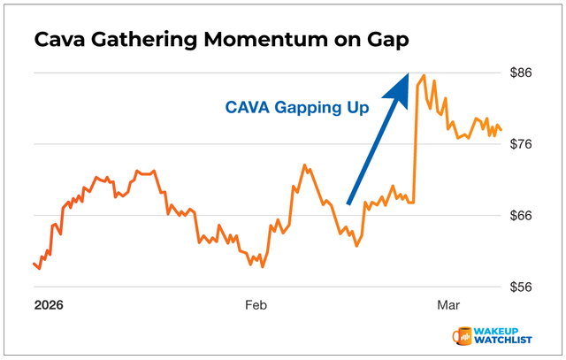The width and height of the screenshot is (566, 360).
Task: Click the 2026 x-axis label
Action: pyautogui.click(x=50, y=305)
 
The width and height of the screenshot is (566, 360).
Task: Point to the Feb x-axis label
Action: pyautogui.click(x=256, y=305)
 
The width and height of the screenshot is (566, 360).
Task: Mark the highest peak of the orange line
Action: pyautogui.click(x=424, y=75)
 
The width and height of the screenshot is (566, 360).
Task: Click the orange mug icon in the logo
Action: pyautogui.click(x=462, y=336)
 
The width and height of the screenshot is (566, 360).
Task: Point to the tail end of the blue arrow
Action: pyautogui.click(x=349, y=203)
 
